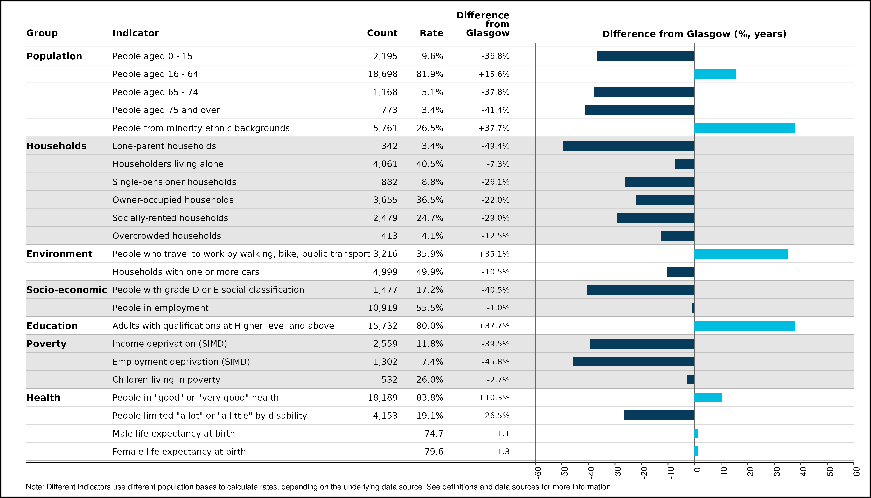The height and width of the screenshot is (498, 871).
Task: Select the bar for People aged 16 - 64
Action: click(715, 74)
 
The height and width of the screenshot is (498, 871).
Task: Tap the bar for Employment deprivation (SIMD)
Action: click(634, 361)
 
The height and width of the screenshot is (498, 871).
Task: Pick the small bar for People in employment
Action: click(693, 308)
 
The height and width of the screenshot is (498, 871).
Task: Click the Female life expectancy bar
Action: click(696, 452)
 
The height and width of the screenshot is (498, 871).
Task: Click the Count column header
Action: click(382, 33)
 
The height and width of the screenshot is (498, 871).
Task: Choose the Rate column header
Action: click(431, 33)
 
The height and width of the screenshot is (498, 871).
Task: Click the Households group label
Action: click(56, 146)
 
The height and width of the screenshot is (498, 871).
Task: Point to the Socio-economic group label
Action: click(67, 290)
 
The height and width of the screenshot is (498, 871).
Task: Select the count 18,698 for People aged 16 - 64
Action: click(382, 74)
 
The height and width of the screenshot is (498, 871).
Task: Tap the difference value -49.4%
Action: click(496, 146)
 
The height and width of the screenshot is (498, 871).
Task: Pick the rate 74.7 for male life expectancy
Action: click(434, 434)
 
